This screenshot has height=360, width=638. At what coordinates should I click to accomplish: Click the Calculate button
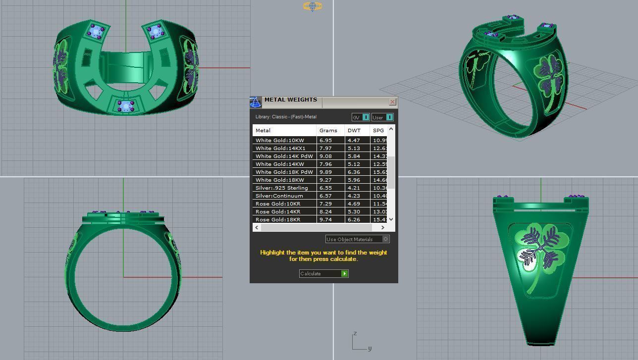point(323,273)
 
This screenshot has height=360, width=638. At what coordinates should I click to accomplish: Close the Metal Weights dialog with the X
point(392,102)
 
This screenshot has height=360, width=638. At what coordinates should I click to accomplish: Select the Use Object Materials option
point(357,239)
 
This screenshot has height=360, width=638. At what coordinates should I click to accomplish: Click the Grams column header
point(328,130)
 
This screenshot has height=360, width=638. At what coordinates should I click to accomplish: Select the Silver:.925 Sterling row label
point(281,188)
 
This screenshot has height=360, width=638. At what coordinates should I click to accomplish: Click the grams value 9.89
point(326,172)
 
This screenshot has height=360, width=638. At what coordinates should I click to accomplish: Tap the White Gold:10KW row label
point(279,140)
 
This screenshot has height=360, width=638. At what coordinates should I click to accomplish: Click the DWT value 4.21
point(354,188)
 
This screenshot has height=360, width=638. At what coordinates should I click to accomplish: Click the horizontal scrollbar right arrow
point(382,227)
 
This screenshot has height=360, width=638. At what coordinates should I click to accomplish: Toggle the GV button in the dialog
point(361,117)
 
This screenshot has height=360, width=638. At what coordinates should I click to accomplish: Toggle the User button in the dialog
point(382,117)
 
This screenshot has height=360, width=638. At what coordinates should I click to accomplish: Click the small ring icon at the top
point(312,6)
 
